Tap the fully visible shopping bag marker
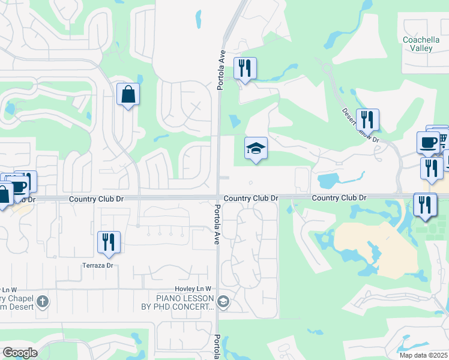(x=128, y=94)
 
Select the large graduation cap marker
(x=256, y=148)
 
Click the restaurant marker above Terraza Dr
(x=109, y=242)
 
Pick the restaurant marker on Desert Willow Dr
(x=367, y=120)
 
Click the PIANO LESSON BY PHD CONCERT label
(x=185, y=302)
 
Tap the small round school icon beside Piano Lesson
(x=224, y=301)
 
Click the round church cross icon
(x=42, y=301)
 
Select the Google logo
(x=20, y=353)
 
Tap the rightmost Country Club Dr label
(x=339, y=197)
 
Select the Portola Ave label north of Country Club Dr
(x=221, y=70)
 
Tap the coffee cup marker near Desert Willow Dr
(x=428, y=143)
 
